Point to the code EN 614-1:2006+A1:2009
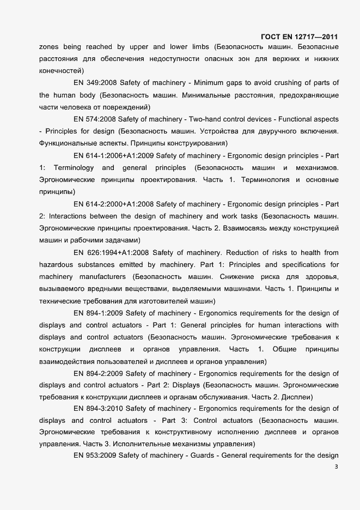[x=113, y=155]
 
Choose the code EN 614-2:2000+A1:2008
[x=113, y=204]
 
